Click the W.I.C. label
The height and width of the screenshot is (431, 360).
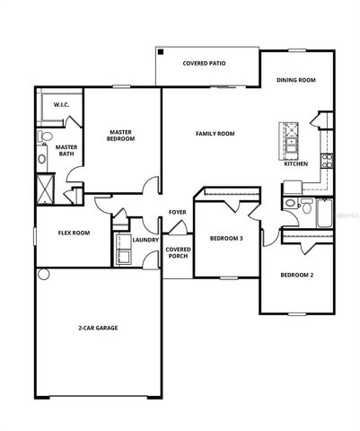coord(61,106)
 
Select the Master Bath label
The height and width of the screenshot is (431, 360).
coord(66,151)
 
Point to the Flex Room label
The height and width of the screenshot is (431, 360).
coord(74,233)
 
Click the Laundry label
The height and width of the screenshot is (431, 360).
coord(145,240)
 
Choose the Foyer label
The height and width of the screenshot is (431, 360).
coord(178,212)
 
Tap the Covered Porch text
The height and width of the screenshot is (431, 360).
coord(178,252)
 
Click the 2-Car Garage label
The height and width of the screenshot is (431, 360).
coord(98,328)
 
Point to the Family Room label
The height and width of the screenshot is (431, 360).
coord(215,134)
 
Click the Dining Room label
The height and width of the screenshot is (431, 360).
coord(296,80)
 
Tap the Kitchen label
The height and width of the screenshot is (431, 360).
coord(296,164)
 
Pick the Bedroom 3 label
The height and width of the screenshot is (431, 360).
coord(225,238)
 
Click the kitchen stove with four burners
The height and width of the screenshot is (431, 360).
coord(327,162)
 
